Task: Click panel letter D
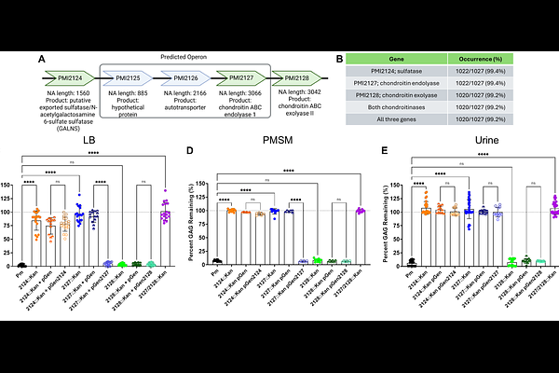pos(191,151)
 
